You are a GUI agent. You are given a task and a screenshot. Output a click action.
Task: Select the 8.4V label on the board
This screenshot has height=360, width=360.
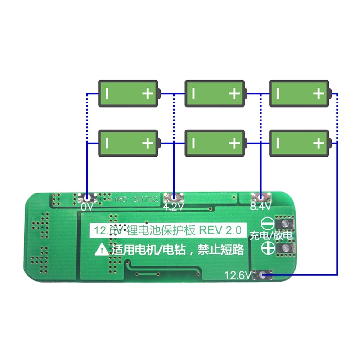pos(260,207)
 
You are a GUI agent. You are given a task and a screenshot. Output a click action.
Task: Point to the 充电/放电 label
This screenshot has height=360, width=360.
pos(271,235)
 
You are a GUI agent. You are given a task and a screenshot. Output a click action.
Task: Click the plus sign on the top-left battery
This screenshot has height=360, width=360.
pos(148,94)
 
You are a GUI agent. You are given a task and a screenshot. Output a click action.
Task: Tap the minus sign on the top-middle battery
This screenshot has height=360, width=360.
pos(193,94)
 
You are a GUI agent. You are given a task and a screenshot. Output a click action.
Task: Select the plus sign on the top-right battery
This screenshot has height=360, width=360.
pos(319,94)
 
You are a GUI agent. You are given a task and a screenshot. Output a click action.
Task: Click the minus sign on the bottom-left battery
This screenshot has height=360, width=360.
pos(107,143)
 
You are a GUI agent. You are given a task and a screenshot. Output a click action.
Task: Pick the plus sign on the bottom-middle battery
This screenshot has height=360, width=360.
pos(234,143)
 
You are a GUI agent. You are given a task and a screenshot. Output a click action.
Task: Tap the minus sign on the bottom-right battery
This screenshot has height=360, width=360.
pos(278,143)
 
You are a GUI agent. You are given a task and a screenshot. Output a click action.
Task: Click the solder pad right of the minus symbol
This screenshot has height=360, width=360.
pos(284,224)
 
